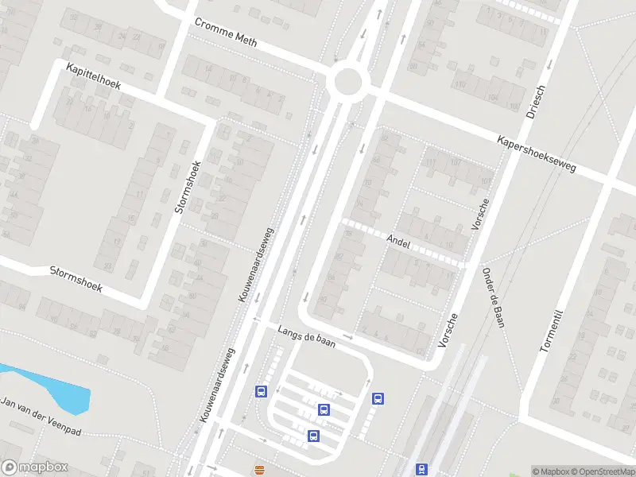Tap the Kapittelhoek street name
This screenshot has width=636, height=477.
(x=94, y=76)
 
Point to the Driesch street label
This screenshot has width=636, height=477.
(x=536, y=101)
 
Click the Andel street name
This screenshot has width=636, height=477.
(x=397, y=241)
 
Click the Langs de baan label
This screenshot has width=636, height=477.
(x=306, y=336)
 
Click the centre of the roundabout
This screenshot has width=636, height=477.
(x=348, y=81)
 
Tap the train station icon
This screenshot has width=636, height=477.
(x=421, y=470)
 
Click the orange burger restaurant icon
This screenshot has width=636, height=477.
(x=259, y=470)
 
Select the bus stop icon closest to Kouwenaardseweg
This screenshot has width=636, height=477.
(x=260, y=391)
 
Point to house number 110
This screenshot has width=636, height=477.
(x=460, y=85)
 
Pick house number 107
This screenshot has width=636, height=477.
(x=455, y=163)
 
